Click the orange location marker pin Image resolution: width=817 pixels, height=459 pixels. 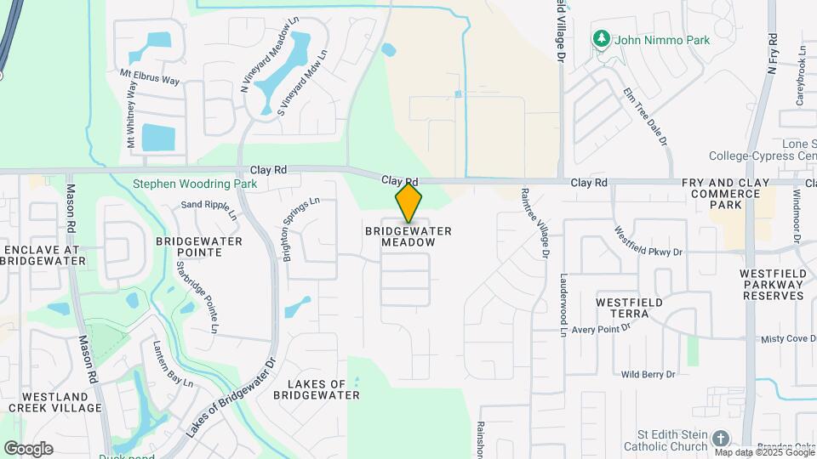[408, 202]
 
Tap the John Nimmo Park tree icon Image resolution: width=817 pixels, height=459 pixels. [602, 38]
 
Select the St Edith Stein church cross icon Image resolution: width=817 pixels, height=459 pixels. [721, 439]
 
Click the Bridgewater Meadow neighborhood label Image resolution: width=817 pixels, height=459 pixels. [408, 236]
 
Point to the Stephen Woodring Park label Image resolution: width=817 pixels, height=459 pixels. [195, 184]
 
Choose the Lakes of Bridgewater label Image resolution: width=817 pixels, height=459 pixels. [317, 389]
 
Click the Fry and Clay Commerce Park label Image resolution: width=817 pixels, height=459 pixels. [725, 194]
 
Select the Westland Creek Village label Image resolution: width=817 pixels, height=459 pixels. [56, 402]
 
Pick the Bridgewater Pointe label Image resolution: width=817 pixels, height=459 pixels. [199, 246]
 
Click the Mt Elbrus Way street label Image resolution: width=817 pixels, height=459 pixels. [150, 77]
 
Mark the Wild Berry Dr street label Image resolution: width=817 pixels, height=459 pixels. [648, 374]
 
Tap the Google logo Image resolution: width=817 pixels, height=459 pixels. [28, 448]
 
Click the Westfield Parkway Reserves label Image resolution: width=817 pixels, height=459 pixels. [773, 284]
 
